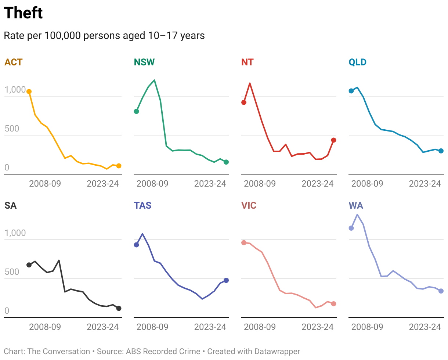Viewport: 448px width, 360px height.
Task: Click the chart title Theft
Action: (x=23, y=13)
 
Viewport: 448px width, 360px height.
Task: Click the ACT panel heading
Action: (x=13, y=62)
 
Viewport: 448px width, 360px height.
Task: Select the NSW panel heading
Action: (x=144, y=62)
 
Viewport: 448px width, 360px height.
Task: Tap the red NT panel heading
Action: (x=247, y=62)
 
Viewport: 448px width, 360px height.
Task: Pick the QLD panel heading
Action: (x=358, y=62)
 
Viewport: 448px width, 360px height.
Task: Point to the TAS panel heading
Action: (x=142, y=205)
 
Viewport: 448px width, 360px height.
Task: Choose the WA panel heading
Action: (x=356, y=205)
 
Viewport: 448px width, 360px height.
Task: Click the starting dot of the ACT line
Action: (x=29, y=91)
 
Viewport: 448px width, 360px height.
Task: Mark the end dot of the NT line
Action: (x=333, y=140)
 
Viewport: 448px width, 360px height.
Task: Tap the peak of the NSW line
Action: (x=154, y=80)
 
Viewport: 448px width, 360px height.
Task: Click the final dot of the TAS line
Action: (x=226, y=280)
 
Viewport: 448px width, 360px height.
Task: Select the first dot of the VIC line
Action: (x=244, y=242)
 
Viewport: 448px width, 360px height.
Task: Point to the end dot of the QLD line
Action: (x=441, y=151)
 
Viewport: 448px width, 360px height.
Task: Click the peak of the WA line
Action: (x=357, y=215)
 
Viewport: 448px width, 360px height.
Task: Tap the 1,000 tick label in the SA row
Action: (x=15, y=233)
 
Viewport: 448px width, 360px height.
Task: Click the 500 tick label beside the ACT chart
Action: (x=12, y=129)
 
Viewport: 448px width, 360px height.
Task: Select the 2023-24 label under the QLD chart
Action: (x=425, y=184)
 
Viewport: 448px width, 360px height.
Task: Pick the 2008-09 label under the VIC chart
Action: (x=260, y=327)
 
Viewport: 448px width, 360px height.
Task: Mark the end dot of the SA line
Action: (x=119, y=308)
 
